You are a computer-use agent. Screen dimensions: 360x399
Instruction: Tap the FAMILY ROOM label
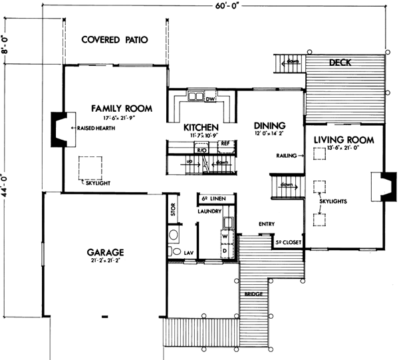122,108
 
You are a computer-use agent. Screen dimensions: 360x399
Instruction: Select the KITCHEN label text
201,126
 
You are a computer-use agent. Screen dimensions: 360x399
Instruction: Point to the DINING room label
269,126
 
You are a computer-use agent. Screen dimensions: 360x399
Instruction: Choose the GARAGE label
106,253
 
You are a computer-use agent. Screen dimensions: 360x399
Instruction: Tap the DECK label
341,63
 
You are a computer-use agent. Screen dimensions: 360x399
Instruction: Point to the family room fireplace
60,128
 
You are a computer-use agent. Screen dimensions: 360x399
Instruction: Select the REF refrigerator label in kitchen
225,143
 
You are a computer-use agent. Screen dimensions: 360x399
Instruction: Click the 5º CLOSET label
288,243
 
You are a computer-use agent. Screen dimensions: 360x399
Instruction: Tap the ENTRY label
267,224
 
